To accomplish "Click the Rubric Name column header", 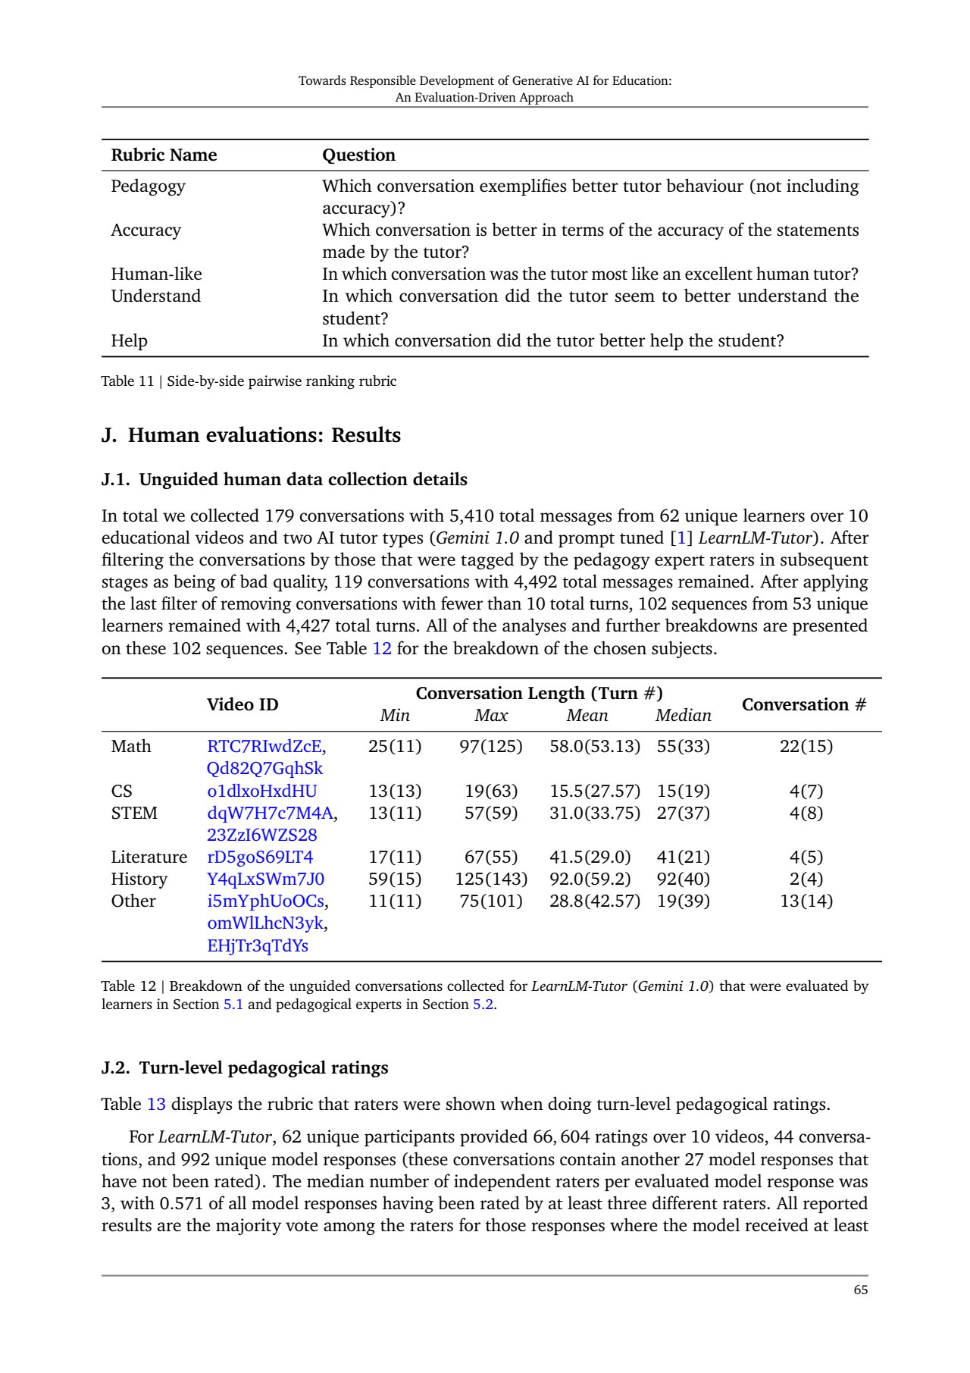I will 164,155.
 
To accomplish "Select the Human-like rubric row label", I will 156,274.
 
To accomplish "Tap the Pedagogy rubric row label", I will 148,187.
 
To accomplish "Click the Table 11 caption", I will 249,381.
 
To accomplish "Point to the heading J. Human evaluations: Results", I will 251,435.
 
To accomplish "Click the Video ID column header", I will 242,704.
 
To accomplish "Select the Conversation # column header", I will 804,704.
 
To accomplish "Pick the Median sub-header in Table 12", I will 683,716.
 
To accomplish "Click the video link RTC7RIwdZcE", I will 264,747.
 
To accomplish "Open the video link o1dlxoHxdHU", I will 261,792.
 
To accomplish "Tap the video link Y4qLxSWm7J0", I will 265,879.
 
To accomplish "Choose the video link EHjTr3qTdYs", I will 258,946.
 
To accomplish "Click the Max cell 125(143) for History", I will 491,879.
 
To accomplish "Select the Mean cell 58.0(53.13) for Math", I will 595,747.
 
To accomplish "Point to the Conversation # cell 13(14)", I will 806,901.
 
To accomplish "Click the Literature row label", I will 149,857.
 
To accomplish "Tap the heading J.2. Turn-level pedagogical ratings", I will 245,1067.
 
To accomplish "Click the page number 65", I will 860,1290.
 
